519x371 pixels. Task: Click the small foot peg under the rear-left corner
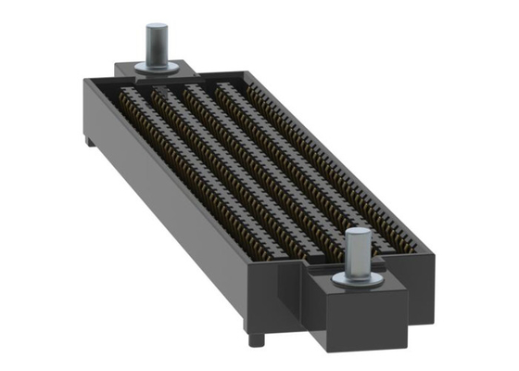tap(89, 141)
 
